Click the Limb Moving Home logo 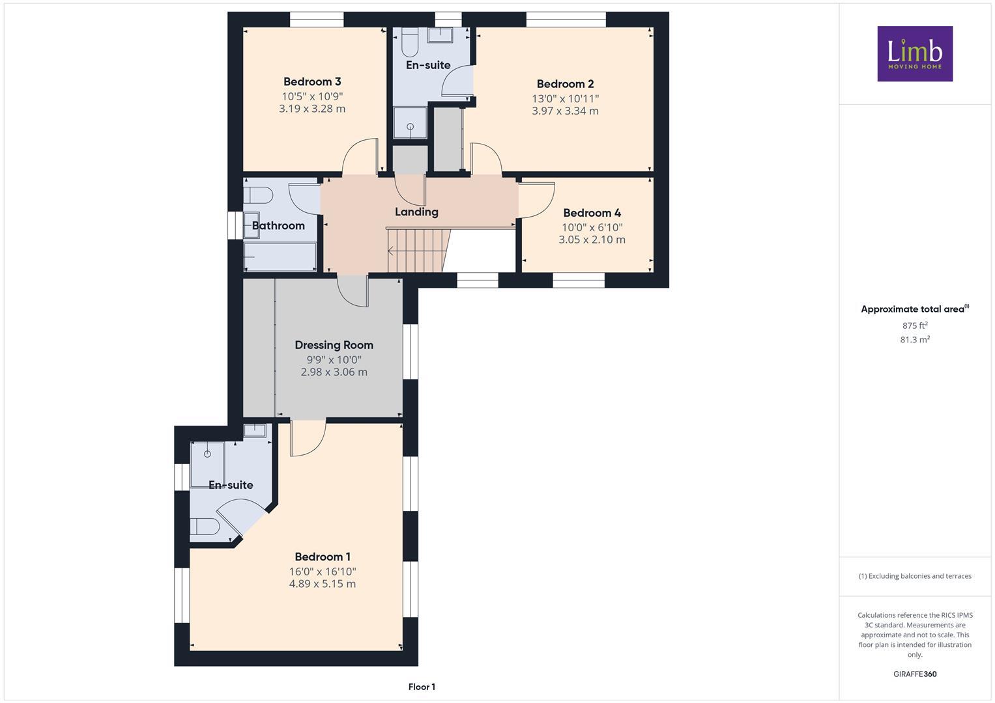[914, 53]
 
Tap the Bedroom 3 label [312, 81]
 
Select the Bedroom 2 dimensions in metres [565, 111]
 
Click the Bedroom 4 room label [592, 213]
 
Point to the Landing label [416, 212]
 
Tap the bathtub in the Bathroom [280, 257]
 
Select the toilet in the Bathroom [257, 195]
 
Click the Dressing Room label [334, 345]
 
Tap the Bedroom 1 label [323, 557]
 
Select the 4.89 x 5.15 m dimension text [323, 584]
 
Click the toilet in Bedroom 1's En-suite [205, 526]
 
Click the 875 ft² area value [915, 325]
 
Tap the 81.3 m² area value [915, 339]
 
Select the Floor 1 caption [422, 687]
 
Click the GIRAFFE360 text [915, 674]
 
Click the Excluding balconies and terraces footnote [915, 576]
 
